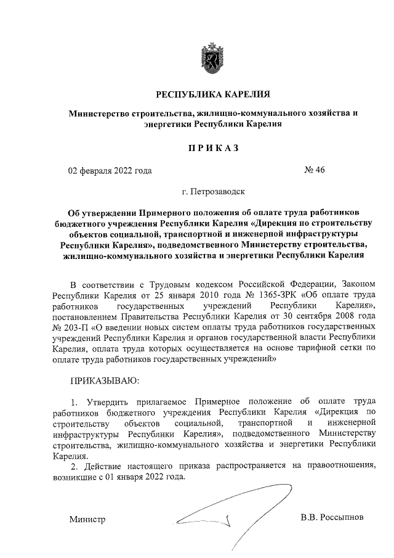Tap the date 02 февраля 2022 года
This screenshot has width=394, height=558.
click(x=109, y=171)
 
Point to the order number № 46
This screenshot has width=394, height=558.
click(x=314, y=171)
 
